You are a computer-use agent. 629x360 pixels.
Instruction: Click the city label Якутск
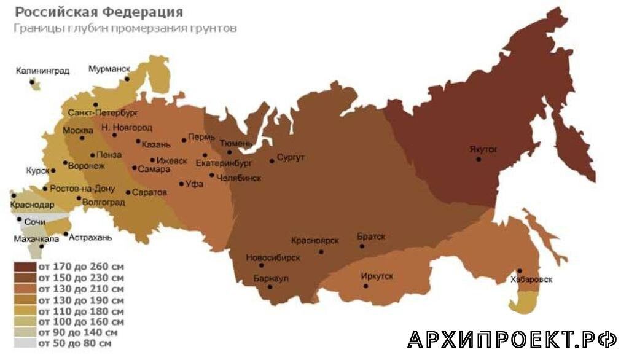coord(484,149)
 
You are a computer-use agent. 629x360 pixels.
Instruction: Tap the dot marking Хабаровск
coord(520,271)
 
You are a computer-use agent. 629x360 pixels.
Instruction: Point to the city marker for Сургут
coord(272,162)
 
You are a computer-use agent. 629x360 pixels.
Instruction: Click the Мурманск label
coord(109,69)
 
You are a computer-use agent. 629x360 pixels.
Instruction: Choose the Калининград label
coord(42,71)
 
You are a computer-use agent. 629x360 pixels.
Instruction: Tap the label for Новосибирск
coord(273,257)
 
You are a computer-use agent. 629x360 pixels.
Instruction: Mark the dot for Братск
coord(362,246)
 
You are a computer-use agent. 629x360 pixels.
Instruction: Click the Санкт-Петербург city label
coord(103,114)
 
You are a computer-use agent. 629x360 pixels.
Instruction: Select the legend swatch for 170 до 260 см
coord(25,267)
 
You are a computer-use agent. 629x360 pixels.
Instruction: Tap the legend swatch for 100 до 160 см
coord(25,321)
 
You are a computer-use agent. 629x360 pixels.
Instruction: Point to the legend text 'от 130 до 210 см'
coord(80,289)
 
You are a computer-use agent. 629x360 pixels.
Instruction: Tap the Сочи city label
coord(36,221)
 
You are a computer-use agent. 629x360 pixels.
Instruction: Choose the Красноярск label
coord(315,240)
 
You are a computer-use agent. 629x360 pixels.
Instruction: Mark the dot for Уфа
coord(181,184)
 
